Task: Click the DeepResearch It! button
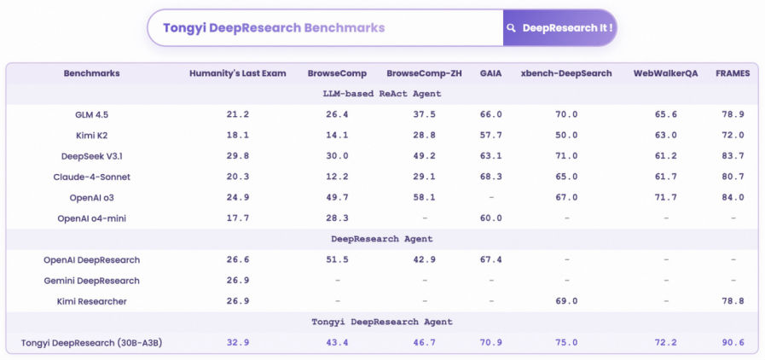[x=559, y=28]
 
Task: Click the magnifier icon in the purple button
[x=512, y=28]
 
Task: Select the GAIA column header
[x=490, y=73]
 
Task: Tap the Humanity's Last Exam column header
[x=238, y=73]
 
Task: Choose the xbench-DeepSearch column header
[x=566, y=73]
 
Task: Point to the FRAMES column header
[x=733, y=73]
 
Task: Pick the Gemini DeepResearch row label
[x=92, y=281]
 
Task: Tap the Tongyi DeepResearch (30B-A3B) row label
[x=92, y=343]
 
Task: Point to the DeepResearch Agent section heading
[x=382, y=239]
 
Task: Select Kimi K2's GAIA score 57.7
[x=490, y=136]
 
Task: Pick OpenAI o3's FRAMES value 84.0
[x=733, y=198]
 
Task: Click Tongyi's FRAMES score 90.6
[x=733, y=343]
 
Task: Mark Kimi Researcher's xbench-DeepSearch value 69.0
[x=566, y=301]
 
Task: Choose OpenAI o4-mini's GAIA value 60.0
[x=490, y=218]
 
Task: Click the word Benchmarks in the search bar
[x=345, y=28]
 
